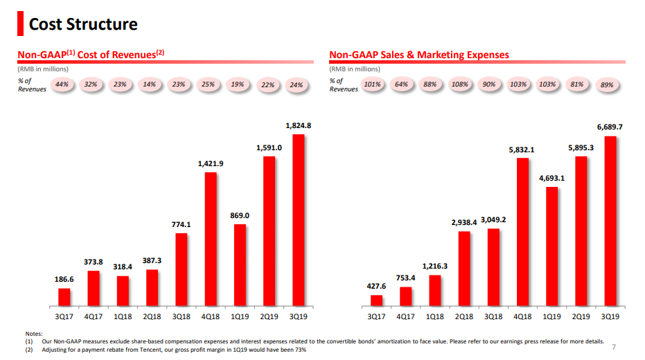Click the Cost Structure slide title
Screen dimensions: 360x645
[x=82, y=24]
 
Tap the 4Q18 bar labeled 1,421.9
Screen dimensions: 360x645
[x=211, y=238]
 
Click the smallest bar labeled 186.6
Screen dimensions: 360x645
[x=64, y=296]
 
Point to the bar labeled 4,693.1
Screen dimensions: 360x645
[x=551, y=246]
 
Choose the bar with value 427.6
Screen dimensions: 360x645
[x=376, y=300]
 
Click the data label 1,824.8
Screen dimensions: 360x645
[x=299, y=126]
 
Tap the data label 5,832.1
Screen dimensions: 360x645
[x=522, y=150]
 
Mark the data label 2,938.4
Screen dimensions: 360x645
[x=464, y=222]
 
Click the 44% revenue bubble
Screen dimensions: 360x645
[x=62, y=84]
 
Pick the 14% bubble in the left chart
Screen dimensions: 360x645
[x=149, y=84]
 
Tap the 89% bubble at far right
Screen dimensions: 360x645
[x=608, y=85]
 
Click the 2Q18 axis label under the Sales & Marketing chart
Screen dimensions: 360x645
[x=464, y=316]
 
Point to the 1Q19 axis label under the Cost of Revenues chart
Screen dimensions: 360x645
[x=240, y=316]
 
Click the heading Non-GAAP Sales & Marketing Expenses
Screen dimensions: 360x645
[x=419, y=55]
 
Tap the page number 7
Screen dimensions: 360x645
[x=614, y=346]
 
